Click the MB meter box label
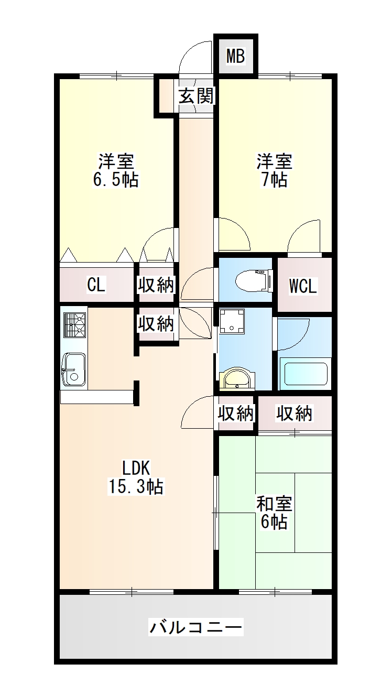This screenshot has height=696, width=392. (236, 56)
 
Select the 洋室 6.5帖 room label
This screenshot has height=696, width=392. (115, 170)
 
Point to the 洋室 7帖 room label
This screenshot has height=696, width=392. (274, 170)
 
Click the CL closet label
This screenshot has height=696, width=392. (96, 285)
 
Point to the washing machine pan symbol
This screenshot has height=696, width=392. (231, 321)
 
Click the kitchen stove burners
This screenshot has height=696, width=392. (74, 324)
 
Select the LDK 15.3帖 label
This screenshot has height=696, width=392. (136, 477)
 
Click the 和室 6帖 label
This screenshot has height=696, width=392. (274, 513)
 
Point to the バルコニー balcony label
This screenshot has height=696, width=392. (196, 626)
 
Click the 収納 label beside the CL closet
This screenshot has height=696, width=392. (156, 285)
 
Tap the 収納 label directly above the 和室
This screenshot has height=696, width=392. (295, 414)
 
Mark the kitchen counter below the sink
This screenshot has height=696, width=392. (96, 397)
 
